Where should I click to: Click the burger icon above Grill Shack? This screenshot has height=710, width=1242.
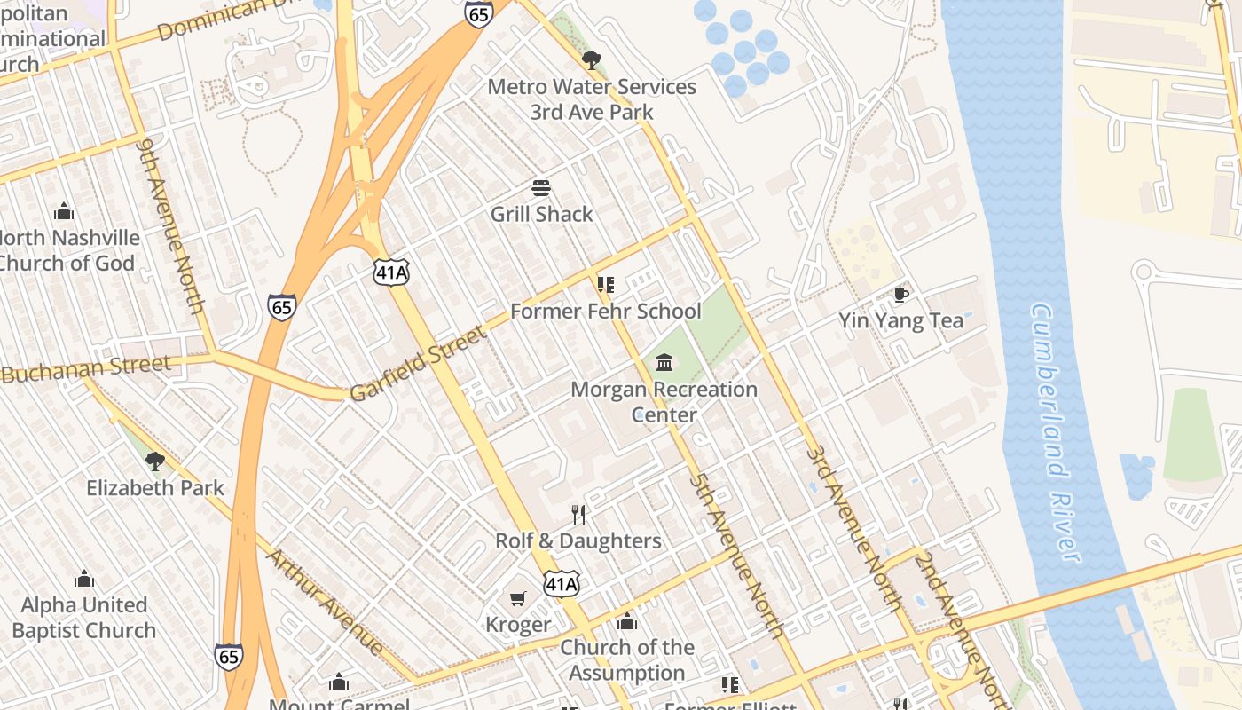tap(541, 188)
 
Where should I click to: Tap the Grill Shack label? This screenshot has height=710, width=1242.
tap(541, 214)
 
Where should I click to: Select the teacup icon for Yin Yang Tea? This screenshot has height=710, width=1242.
tap(901, 295)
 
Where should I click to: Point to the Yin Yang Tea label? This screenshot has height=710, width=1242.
tap(901, 320)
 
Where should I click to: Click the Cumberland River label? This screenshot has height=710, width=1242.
tap(1056, 432)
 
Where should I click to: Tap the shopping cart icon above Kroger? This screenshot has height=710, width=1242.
tap(518, 599)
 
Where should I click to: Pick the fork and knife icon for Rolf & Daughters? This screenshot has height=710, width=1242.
tap(578, 515)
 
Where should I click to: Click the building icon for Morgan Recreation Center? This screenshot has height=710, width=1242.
tap(664, 362)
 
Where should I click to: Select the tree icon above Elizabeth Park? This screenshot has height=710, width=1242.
tap(155, 461)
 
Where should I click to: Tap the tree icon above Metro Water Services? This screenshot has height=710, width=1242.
tap(592, 60)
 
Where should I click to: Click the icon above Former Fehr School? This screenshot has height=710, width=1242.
tap(606, 285)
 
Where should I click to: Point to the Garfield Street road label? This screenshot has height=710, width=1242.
tap(419, 364)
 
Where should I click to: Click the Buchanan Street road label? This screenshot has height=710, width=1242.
tap(86, 369)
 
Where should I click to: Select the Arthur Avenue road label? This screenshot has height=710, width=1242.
tap(326, 603)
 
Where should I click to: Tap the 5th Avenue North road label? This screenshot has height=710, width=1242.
tap(737, 555)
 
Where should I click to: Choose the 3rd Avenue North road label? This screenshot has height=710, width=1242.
tap(854, 529)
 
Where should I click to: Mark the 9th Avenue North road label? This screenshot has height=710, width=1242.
tap(171, 225)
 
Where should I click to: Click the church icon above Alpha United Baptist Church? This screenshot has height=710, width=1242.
tap(84, 580)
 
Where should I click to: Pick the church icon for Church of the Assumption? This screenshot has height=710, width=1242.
tap(627, 622)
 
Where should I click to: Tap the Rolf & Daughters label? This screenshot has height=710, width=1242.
tap(578, 540)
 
